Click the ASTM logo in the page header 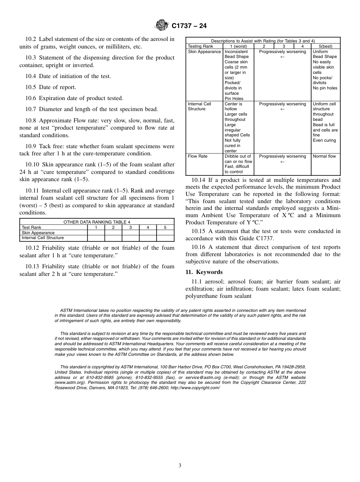[162, 26]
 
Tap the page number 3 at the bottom [180, 466]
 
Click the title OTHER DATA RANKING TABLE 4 [97, 222]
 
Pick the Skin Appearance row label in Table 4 [38, 233]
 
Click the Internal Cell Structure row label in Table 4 [42, 238]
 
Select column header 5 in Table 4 [165, 228]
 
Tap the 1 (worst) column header [238, 47]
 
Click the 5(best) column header [325, 47]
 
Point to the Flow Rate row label [198, 156]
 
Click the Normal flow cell [324, 156]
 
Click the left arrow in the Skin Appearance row [282, 57]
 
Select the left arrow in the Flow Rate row [282, 161]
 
